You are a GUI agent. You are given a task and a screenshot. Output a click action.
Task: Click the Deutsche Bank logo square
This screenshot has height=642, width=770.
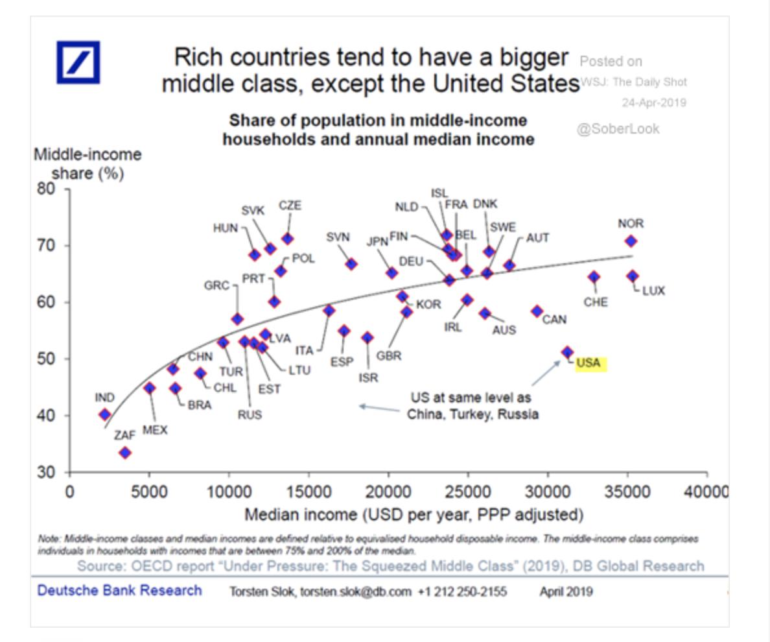coord(78,62)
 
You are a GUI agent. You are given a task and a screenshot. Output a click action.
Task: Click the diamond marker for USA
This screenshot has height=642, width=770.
coord(568,352)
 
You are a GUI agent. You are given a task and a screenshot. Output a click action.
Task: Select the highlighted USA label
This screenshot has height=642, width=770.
coord(589,363)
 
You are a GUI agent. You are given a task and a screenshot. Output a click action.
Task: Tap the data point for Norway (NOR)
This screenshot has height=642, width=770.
coord(631,241)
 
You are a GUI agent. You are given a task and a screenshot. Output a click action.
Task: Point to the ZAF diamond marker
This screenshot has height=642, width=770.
coord(125,452)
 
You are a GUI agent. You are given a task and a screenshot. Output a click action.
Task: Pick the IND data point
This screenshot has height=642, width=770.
coord(105,415)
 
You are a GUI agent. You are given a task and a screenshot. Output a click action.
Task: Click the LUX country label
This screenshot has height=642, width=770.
coord(653,291)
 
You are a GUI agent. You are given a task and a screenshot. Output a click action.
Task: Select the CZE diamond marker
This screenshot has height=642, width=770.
coord(287,239)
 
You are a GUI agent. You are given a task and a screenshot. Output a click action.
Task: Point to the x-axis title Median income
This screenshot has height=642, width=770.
coord(414,515)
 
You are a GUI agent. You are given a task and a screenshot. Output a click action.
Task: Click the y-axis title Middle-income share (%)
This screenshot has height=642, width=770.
coord(87,164)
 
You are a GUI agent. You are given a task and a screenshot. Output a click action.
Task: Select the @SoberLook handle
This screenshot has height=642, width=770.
coord(618,129)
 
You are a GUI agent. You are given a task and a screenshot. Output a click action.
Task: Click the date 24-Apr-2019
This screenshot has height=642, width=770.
coord(653,103)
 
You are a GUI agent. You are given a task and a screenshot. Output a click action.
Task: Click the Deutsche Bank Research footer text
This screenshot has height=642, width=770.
coord(120,591)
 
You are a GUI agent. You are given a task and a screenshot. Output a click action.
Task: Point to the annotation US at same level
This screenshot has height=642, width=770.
coord(472,406)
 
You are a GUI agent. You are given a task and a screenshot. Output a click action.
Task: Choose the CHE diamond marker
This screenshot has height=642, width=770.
coord(594,277)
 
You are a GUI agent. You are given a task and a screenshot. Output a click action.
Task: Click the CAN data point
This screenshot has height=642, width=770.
coord(537,311)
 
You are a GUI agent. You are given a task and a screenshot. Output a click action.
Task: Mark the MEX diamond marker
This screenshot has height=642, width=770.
coord(150,388)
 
